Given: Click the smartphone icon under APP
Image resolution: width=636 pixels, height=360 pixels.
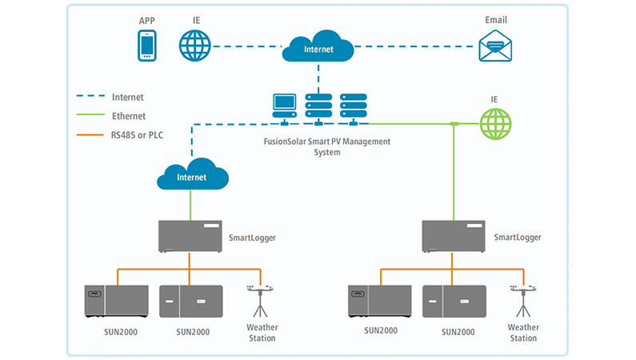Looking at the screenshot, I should pyautogui.click(x=146, y=46).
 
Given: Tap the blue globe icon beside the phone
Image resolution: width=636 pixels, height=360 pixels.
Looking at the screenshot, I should pyautogui.click(x=194, y=46).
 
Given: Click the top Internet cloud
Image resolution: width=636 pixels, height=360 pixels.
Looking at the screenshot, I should pyautogui.click(x=318, y=49).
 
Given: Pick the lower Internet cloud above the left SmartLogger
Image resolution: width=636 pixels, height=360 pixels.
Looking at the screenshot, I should pyautogui.click(x=190, y=176).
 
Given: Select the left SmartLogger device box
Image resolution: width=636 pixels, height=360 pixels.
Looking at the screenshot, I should pyautogui.click(x=189, y=238).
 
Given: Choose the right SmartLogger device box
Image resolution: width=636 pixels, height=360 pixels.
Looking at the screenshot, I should pyautogui.click(x=454, y=238).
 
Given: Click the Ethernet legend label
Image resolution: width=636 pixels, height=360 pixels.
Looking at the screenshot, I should pyautogui.click(x=129, y=116).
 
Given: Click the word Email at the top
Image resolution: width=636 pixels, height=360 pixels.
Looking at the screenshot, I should pyautogui.click(x=496, y=19).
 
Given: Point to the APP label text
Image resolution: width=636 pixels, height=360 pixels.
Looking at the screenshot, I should pyautogui.click(x=146, y=19).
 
